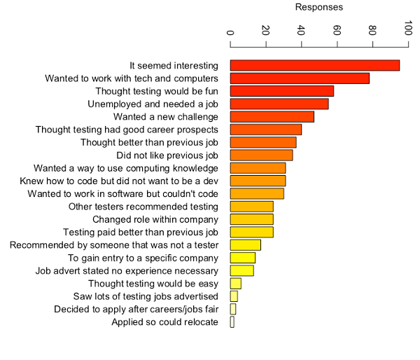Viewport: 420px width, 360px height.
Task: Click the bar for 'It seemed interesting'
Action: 315,65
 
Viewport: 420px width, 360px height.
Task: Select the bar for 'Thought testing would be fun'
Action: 282,91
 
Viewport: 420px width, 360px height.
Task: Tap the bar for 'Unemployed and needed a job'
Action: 279,104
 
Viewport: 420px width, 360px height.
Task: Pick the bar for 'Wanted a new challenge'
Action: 272,116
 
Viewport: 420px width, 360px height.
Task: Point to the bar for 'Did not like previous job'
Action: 262,155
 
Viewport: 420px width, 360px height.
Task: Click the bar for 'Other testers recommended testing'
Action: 252,207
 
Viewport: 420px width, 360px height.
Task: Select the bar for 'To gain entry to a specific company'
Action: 243,258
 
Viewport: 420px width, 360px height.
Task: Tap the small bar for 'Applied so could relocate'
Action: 232,322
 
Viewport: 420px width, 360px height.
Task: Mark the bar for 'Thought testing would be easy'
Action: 236,284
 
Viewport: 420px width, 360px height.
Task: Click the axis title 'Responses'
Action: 319,8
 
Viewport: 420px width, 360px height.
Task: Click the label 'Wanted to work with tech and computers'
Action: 132,78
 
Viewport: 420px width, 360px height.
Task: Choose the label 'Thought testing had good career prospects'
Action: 127,130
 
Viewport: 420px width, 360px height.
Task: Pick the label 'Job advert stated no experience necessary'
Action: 127,270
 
